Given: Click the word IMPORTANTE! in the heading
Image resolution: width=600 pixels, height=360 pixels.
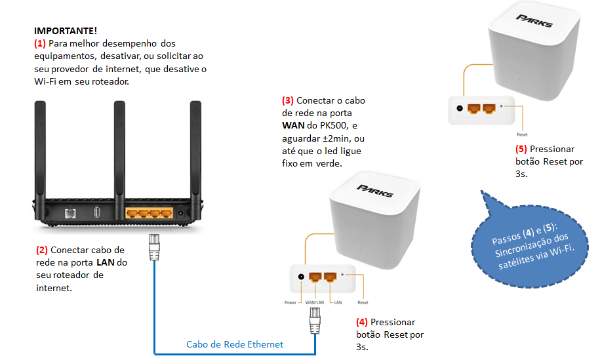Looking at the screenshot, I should [66, 31].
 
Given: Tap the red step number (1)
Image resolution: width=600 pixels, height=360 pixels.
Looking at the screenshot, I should [40, 43].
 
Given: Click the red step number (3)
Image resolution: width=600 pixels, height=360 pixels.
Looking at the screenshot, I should [288, 101].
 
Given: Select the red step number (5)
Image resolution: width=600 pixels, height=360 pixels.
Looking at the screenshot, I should [521, 149].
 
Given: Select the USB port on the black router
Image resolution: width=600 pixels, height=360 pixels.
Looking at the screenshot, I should [97, 212].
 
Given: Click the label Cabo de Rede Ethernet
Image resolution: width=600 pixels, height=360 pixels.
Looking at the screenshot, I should [235, 344].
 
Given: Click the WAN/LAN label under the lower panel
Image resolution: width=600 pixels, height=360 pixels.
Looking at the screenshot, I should [316, 303].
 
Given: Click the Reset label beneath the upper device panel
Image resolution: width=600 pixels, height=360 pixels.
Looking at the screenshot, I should [522, 134].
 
